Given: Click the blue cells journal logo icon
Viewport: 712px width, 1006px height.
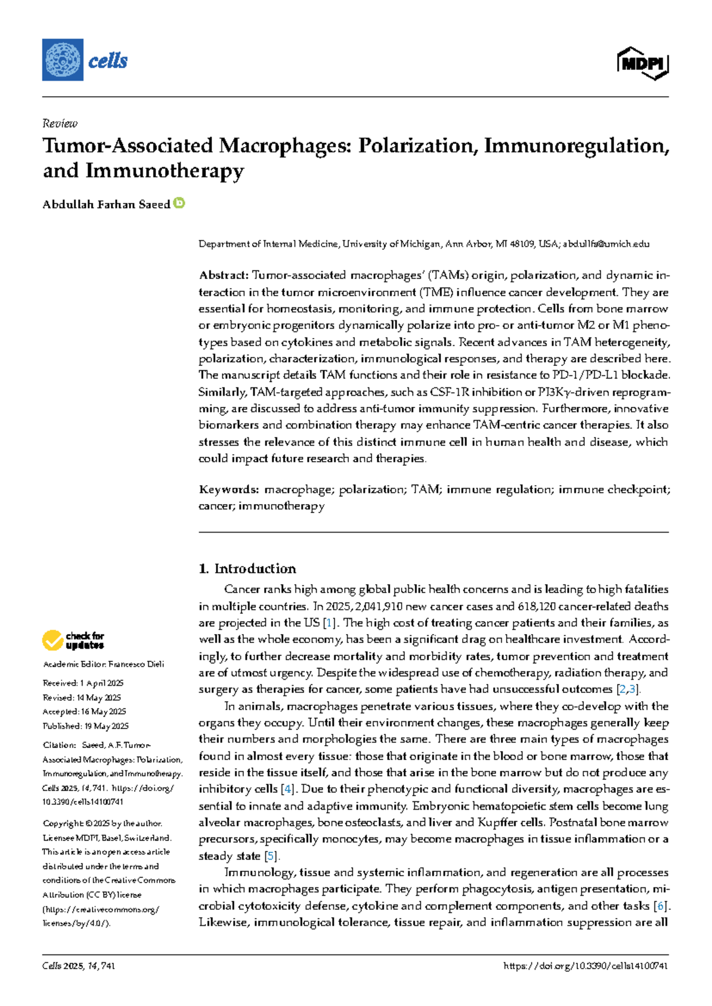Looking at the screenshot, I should tap(62, 60).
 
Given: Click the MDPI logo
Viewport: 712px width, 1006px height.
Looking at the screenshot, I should tap(643, 63).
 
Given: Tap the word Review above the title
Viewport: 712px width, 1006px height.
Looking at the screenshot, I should tap(60, 123).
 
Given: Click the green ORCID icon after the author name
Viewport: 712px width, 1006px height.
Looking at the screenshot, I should tap(179, 203).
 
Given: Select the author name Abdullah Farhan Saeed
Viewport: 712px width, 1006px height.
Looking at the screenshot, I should tap(106, 205).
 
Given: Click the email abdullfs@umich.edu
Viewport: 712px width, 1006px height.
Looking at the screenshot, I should tap(606, 244).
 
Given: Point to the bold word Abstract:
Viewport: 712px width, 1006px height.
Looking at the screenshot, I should tap(224, 275).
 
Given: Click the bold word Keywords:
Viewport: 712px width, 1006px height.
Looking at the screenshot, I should tap(228, 489).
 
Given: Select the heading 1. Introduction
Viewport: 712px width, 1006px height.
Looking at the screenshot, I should tap(247, 569).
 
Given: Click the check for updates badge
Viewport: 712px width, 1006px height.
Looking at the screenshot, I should tap(73, 641).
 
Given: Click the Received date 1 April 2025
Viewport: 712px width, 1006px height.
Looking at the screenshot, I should tap(101, 683).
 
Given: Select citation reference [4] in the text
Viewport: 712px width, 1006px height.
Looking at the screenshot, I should tap(288, 789).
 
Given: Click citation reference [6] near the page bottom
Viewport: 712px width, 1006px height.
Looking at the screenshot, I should tap(660, 906).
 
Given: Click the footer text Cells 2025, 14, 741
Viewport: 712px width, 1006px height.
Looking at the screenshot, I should tap(78, 966).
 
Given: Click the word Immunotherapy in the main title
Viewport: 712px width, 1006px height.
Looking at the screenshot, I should tap(164, 171).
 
